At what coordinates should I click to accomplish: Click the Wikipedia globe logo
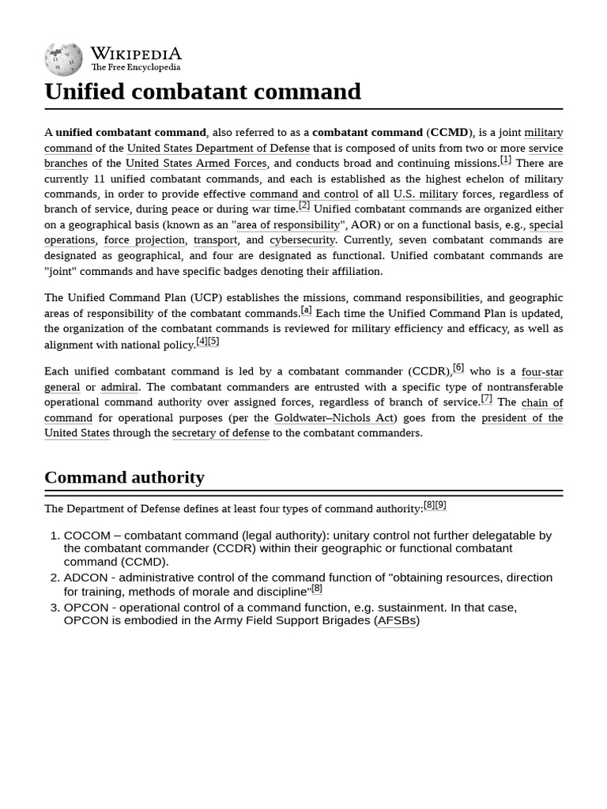pyautogui.click(x=63, y=59)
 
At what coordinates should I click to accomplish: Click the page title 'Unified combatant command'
pyautogui.click(x=202, y=92)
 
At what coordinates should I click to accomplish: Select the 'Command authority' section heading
pyautogui.click(x=124, y=477)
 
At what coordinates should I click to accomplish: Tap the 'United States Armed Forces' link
pyautogui.click(x=197, y=164)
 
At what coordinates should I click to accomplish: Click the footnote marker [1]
pyautogui.click(x=505, y=160)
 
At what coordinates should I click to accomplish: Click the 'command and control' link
pyautogui.click(x=303, y=194)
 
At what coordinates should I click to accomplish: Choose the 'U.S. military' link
pyautogui.click(x=425, y=194)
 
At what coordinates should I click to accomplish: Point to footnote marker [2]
pyautogui.click(x=303, y=205)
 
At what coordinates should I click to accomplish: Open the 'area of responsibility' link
pyautogui.click(x=288, y=225)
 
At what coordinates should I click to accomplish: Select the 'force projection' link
pyautogui.click(x=145, y=240)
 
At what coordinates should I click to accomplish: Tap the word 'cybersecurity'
pyautogui.click(x=303, y=240)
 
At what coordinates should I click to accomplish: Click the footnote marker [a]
pyautogui.click(x=306, y=310)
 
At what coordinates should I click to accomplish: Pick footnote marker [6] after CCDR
pyautogui.click(x=458, y=368)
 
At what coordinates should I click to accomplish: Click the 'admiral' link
pyautogui.click(x=119, y=387)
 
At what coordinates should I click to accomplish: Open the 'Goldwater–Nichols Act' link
pyautogui.click(x=334, y=418)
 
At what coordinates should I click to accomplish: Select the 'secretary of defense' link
pyautogui.click(x=221, y=433)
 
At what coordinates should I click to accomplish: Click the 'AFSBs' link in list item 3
pyautogui.click(x=396, y=621)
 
